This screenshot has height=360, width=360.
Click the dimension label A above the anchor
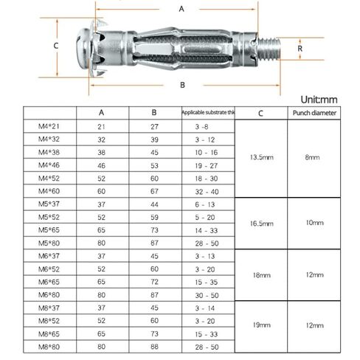[181, 9]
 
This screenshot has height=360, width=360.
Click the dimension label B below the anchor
[181, 84]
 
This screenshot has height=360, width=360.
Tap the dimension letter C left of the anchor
[56, 45]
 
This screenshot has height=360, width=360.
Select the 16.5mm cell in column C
[262, 223]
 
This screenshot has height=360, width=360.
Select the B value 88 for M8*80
[153, 345]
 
